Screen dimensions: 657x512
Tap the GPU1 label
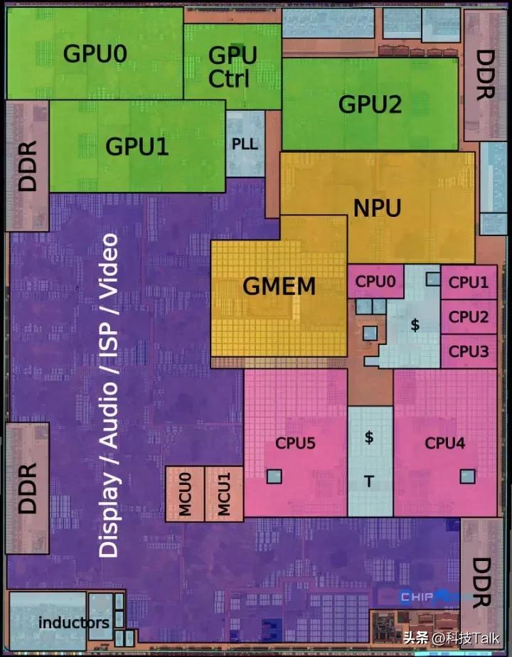click(137, 146)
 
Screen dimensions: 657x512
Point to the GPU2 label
click(370, 104)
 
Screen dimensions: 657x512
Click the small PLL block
click(245, 143)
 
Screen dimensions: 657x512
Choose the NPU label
click(377, 208)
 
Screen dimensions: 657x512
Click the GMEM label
click(279, 287)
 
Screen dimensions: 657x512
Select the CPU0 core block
click(375, 281)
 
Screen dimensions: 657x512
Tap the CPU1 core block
click(468, 282)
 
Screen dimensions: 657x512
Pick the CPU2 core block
click(468, 316)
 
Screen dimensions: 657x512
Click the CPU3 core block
click(468, 351)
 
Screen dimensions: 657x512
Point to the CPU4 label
click(444, 444)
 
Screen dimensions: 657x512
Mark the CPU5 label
click(295, 444)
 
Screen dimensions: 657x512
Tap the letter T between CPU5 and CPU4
click(369, 482)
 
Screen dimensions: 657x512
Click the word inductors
click(74, 623)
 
